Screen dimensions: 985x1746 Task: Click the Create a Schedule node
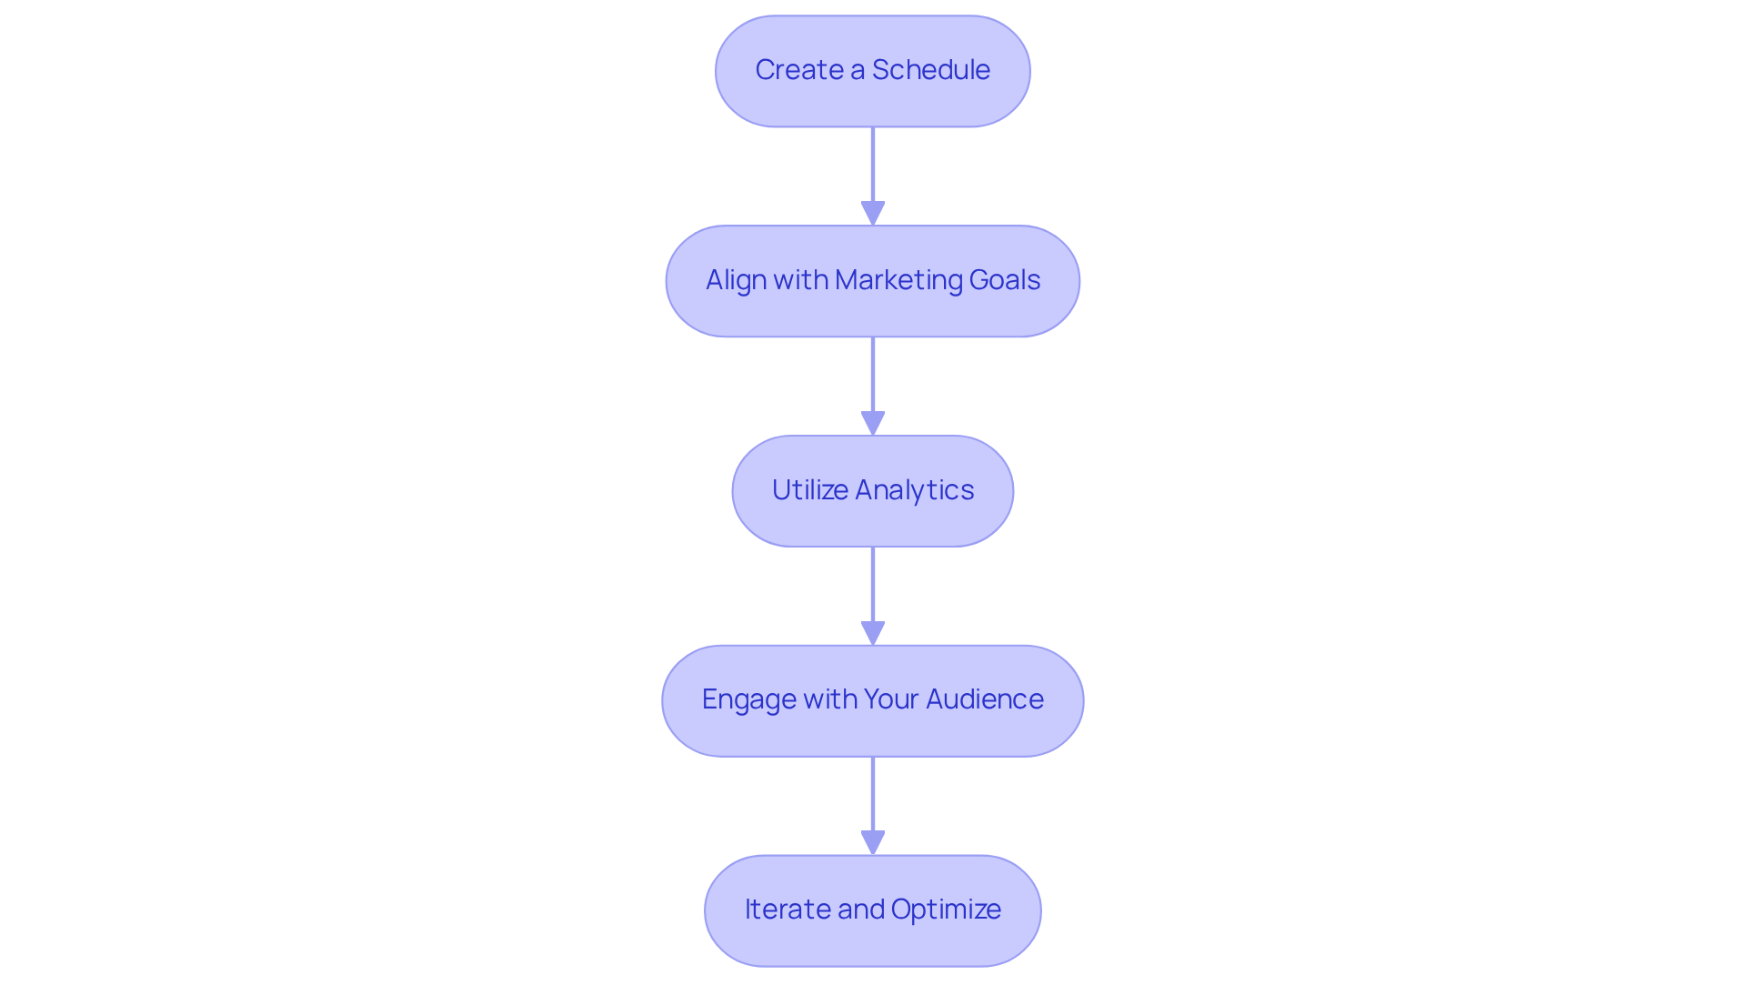point(872,71)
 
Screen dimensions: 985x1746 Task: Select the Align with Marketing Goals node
point(872,281)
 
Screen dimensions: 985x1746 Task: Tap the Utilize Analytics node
point(872,491)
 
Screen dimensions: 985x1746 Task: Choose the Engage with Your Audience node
point(872,700)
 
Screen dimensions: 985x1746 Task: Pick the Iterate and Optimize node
point(872,910)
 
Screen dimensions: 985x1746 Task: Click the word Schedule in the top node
point(930,70)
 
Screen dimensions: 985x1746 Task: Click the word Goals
point(1004,280)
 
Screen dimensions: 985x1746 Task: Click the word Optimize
point(946,910)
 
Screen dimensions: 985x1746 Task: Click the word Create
point(798,70)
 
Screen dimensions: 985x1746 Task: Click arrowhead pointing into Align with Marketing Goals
point(872,214)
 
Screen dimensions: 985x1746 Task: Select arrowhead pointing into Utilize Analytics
point(872,424)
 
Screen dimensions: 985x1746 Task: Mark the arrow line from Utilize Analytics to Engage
point(872,587)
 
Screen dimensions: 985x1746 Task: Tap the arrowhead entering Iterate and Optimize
point(872,843)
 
